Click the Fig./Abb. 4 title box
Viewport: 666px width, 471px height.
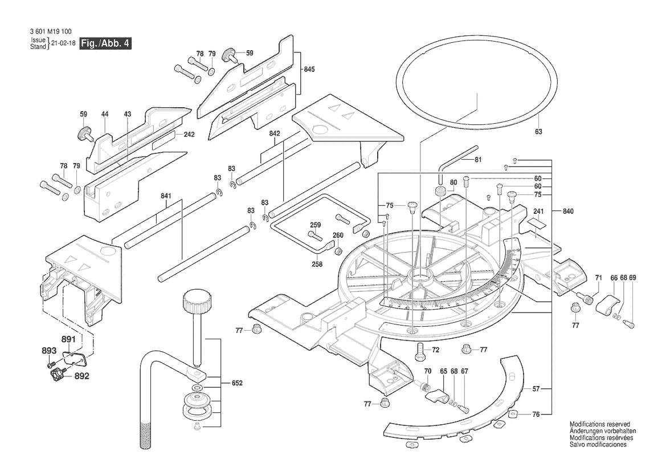[105, 44]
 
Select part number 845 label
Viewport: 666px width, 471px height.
[309, 70]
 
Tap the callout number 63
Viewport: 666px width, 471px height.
[538, 132]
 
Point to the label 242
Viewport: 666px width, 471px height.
[189, 135]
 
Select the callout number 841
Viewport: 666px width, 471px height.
[166, 196]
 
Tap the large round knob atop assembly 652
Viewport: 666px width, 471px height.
[197, 300]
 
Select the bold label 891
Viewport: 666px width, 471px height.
[68, 339]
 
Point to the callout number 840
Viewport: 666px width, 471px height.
[567, 212]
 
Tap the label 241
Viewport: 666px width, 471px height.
[538, 211]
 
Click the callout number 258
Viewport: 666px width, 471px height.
[317, 264]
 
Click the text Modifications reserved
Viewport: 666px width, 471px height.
[599, 425]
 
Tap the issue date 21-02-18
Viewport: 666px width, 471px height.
[63, 43]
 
